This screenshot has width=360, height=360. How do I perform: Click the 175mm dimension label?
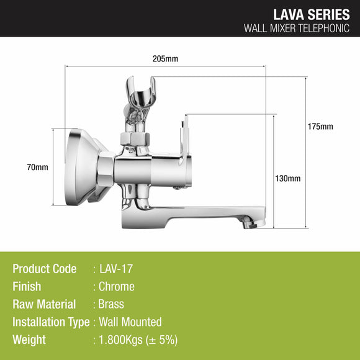coord(320,127)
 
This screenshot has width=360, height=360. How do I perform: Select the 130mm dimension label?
coord(287,179)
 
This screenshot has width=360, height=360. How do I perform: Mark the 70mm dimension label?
coord(37,167)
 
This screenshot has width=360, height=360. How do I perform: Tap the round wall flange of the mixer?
coord(77,166)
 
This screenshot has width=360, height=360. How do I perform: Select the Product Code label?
coord(45,269)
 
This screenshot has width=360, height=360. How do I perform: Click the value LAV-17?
coord(116,269)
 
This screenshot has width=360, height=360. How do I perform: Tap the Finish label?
coord(27,287)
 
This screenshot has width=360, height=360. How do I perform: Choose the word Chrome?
coord(117,287)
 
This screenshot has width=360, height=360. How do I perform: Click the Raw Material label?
coord(44,304)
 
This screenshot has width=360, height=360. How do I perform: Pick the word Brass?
coord(112,304)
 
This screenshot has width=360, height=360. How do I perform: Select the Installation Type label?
coord(50,322)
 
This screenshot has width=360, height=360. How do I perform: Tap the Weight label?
coord(29,340)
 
